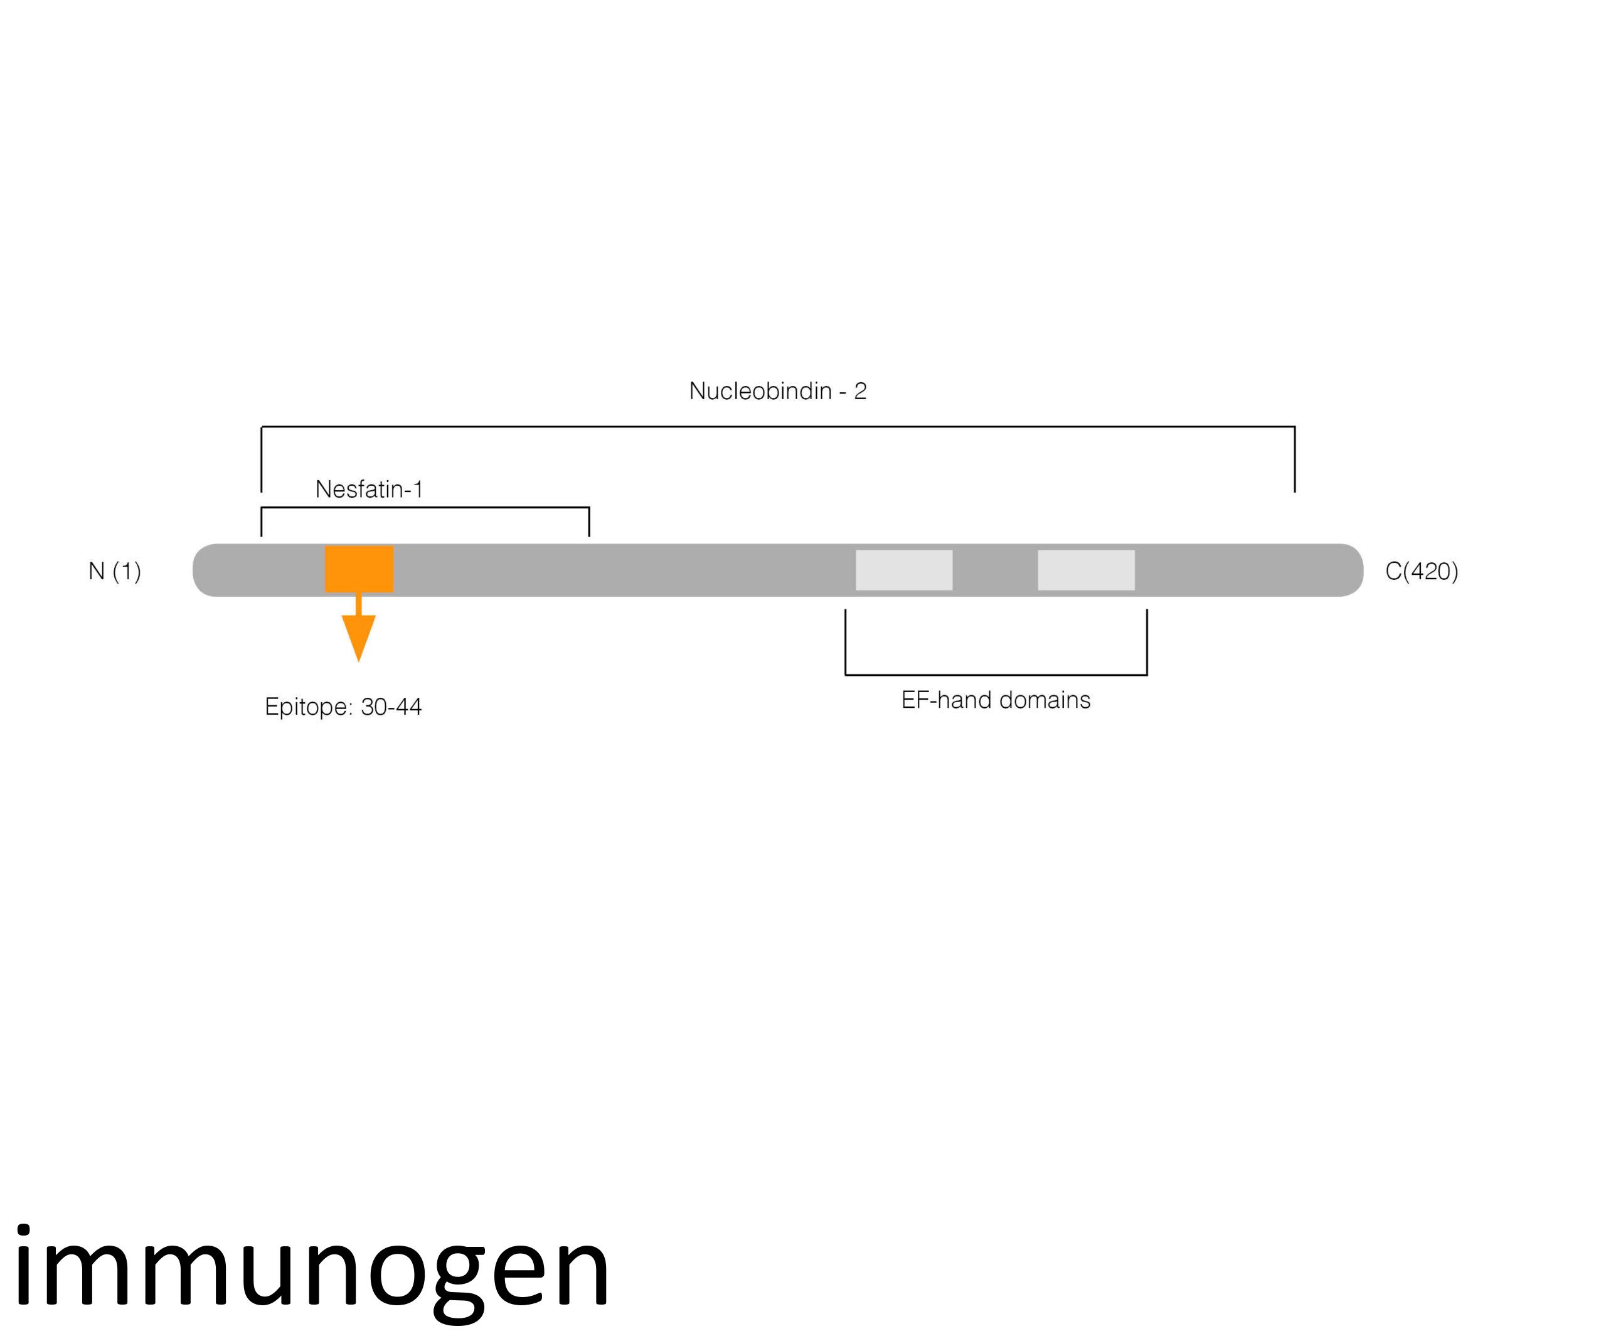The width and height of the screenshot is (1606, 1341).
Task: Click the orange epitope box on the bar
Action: coord(359,569)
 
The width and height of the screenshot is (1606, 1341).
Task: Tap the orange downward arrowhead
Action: coord(359,634)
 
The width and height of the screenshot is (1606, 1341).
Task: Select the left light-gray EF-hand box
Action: coord(903,570)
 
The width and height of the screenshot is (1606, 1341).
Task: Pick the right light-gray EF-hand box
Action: coord(1085,570)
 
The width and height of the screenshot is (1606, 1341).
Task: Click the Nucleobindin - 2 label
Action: coord(777,391)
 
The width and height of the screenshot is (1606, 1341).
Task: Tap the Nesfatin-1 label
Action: coord(369,489)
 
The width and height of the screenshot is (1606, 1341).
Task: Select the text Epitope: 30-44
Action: coord(343,706)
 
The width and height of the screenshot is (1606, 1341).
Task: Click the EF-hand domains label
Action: coord(995,700)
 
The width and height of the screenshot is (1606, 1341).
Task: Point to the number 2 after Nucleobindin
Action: coord(859,391)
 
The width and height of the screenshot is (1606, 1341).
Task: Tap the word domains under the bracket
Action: coord(1045,700)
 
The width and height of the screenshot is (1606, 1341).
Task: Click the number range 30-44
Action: coord(391,706)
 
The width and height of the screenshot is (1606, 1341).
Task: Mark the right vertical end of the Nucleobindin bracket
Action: coord(1294,459)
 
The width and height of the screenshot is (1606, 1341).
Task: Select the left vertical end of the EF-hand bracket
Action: coord(845,642)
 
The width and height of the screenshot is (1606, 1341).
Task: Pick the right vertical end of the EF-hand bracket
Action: coord(1146,642)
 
